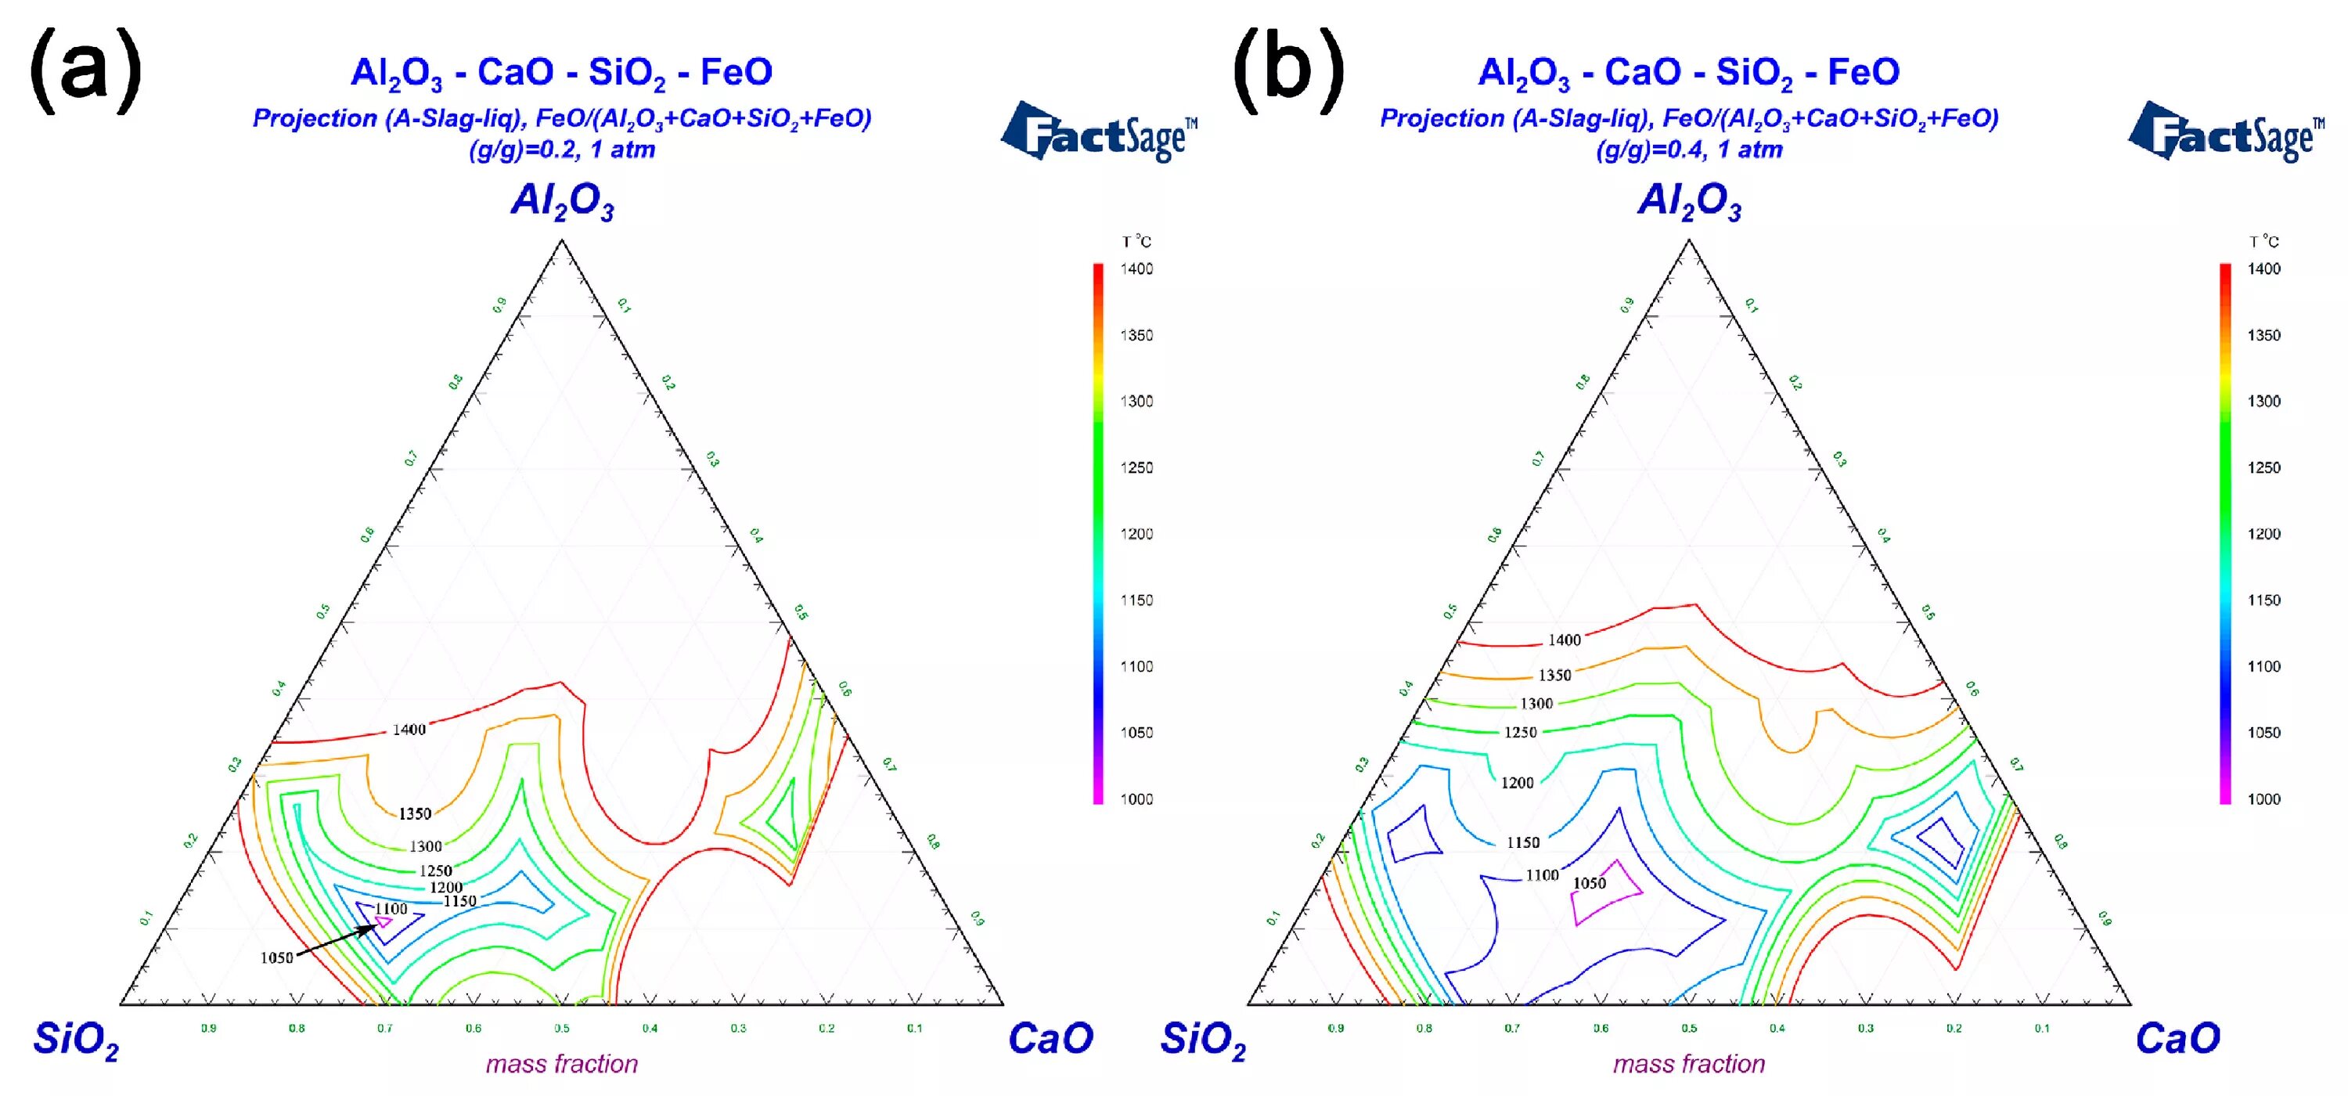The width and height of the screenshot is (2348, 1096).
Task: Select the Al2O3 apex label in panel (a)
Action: pyautogui.click(x=563, y=200)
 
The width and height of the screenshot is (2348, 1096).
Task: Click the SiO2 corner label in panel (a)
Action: pyautogui.click(x=77, y=1040)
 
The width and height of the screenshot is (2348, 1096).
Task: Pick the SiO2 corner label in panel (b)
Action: pyautogui.click(x=1203, y=1040)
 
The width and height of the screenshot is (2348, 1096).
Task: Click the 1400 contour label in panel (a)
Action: pyautogui.click(x=409, y=730)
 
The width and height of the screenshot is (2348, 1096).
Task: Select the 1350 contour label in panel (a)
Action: pyautogui.click(x=415, y=813)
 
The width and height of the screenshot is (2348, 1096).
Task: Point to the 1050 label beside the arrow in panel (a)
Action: pyautogui.click(x=277, y=957)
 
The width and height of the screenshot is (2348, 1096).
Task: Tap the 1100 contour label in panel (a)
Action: pyautogui.click(x=391, y=908)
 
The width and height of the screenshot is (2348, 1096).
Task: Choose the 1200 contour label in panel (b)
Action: pyautogui.click(x=1518, y=782)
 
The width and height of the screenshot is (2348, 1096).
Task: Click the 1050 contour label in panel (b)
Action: pyautogui.click(x=1590, y=882)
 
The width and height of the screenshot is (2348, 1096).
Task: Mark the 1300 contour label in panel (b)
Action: pyautogui.click(x=1536, y=703)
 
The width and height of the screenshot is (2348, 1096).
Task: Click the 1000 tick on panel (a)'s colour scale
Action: pyautogui.click(x=1136, y=799)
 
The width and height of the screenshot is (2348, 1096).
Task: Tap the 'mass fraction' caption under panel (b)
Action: pyautogui.click(x=1689, y=1063)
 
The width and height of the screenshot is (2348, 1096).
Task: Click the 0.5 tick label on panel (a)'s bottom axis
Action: pyautogui.click(x=561, y=1029)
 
